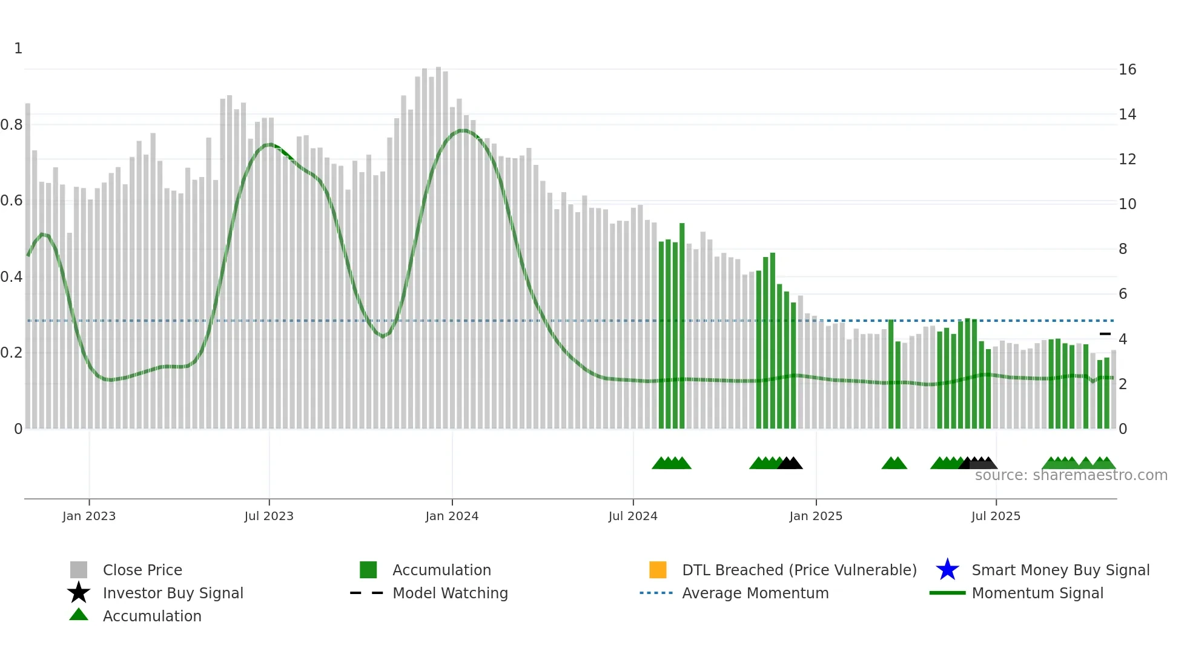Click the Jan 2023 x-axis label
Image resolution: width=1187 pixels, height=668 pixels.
(89, 516)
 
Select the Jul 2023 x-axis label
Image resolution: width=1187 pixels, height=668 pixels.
(269, 516)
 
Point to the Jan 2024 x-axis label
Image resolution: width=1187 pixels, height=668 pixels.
(452, 516)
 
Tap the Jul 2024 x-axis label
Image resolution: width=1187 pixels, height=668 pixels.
(633, 516)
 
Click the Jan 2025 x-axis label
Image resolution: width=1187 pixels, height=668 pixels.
(816, 516)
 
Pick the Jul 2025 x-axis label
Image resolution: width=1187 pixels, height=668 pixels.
(996, 516)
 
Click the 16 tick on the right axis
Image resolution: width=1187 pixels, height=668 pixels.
(1127, 70)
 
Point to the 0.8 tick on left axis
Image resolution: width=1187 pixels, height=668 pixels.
(12, 125)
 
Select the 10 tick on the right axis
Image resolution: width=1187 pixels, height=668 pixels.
(1127, 204)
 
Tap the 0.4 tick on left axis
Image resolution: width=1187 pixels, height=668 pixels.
(12, 277)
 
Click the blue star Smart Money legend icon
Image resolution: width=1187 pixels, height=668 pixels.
(947, 570)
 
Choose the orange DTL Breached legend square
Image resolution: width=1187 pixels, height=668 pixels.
(658, 570)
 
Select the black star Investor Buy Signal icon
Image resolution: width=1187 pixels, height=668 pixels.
(79, 593)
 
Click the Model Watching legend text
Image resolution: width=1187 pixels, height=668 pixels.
(450, 593)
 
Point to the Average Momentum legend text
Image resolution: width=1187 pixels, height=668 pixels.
(755, 593)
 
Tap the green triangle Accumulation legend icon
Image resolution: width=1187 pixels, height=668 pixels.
(79, 615)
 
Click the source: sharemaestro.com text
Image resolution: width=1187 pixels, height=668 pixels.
(1071, 475)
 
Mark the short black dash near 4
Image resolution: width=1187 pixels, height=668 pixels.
(1105, 334)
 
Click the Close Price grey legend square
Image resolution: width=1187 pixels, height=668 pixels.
(79, 570)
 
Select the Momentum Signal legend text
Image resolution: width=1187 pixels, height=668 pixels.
(1037, 593)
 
